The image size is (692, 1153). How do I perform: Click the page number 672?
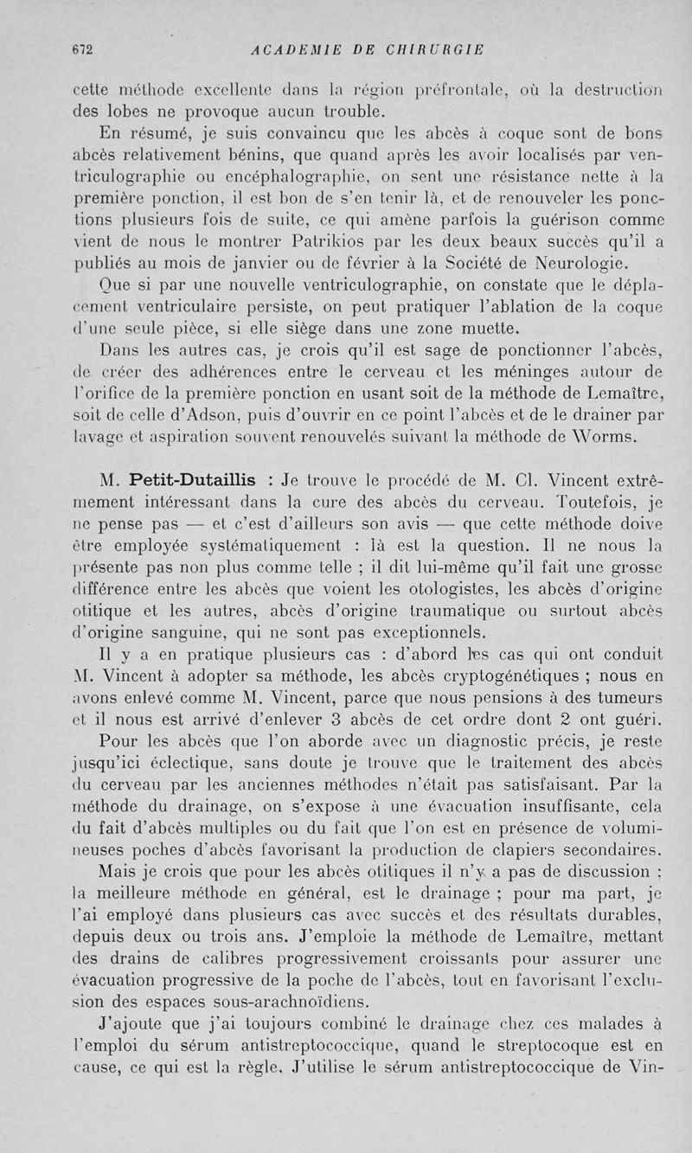82,48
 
